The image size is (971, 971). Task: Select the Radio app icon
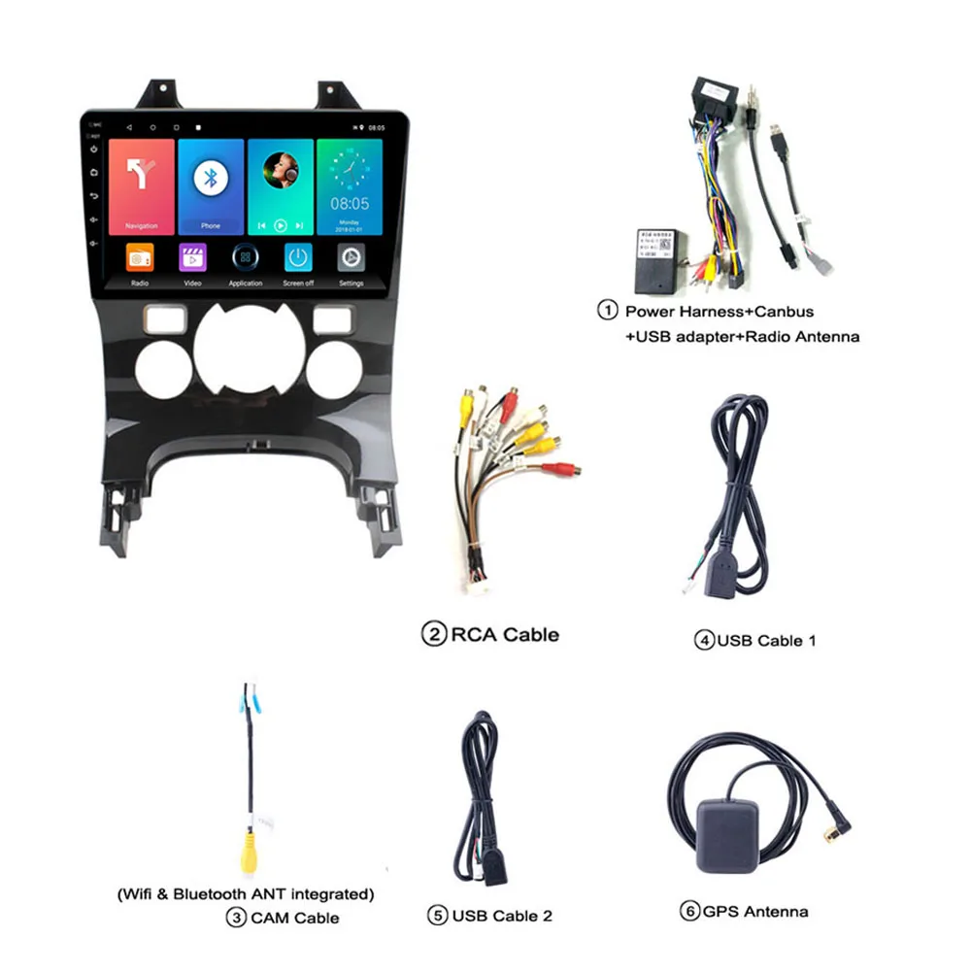click(140, 258)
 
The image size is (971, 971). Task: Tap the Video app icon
click(192, 258)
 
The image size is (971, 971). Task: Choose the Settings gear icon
click(351, 257)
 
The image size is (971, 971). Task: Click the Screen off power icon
click(298, 257)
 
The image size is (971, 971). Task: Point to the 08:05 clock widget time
click(350, 204)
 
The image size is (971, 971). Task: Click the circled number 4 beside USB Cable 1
click(704, 641)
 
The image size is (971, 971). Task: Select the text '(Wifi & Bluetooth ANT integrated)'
click(244, 893)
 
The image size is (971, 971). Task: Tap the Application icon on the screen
click(246, 258)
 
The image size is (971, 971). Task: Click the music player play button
click(281, 225)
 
